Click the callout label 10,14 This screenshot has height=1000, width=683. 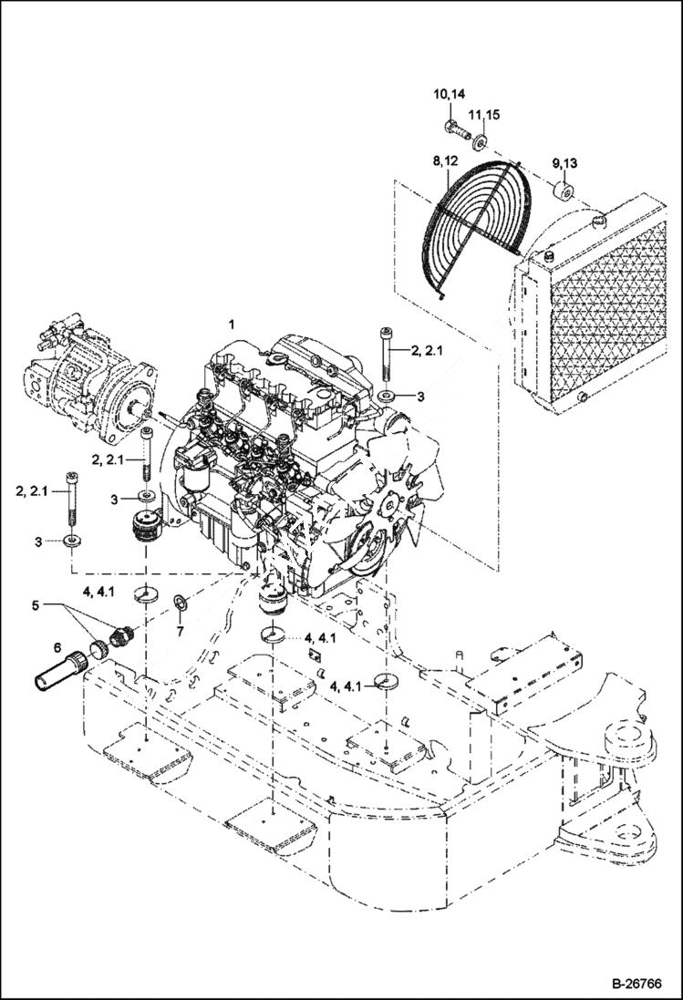coord(449,94)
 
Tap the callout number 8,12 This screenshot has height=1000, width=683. coord(446,161)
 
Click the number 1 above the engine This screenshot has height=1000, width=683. coord(232,324)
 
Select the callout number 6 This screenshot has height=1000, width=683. coord(57,647)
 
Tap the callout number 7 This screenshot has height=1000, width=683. coord(180,631)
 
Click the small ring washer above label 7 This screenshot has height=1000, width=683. coord(180,602)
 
